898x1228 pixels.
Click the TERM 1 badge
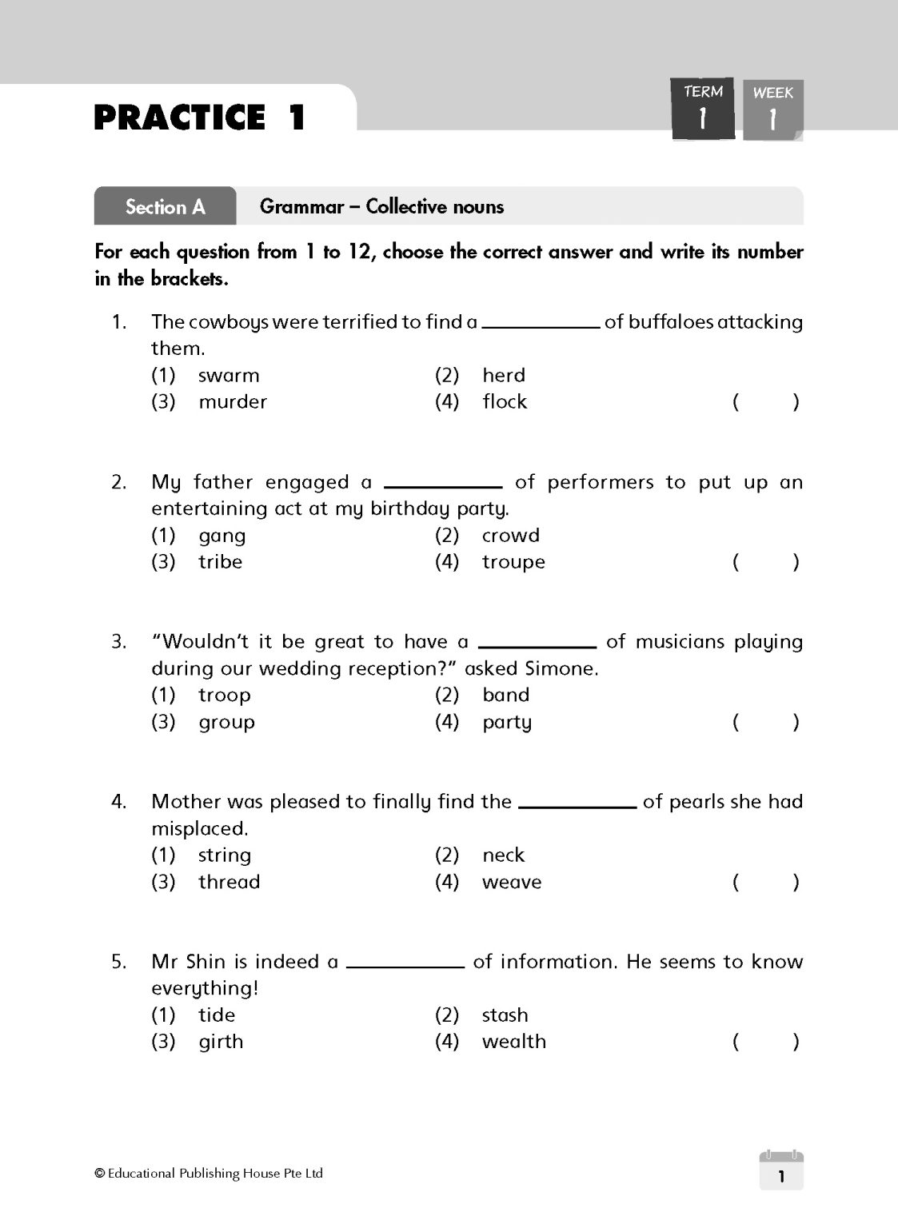point(702,110)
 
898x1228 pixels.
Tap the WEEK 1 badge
point(772,110)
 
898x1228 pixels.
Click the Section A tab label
point(166,207)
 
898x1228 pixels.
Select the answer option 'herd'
point(503,375)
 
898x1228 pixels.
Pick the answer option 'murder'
point(232,401)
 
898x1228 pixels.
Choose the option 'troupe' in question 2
point(513,562)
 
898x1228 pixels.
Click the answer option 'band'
point(505,695)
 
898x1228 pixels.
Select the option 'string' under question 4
point(224,855)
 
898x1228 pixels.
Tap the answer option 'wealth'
point(513,1041)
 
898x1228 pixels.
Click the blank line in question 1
point(541,325)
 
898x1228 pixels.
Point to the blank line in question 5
point(405,965)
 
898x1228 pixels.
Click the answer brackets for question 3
point(765,722)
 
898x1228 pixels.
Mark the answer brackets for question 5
point(765,1041)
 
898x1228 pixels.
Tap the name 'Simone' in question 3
point(559,668)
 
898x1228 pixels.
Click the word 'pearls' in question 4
point(692,801)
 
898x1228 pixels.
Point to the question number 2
point(118,482)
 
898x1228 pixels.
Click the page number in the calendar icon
point(781,1175)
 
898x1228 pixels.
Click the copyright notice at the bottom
point(209,1174)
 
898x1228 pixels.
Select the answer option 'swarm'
point(228,375)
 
